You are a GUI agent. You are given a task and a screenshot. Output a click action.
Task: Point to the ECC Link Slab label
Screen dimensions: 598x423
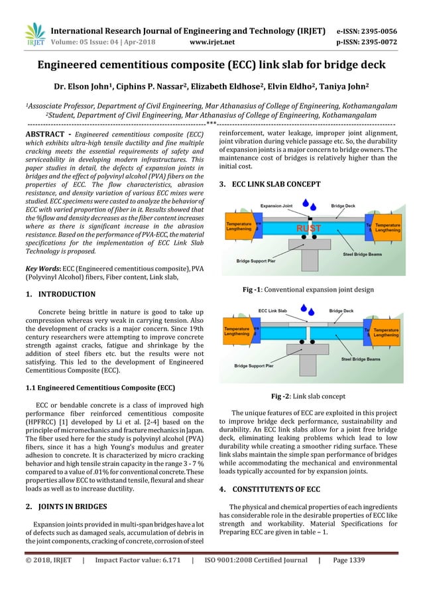272,310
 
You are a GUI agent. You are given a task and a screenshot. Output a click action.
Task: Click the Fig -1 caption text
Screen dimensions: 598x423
308,290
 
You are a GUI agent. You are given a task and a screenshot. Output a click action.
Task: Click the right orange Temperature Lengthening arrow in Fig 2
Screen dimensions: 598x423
387,331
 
